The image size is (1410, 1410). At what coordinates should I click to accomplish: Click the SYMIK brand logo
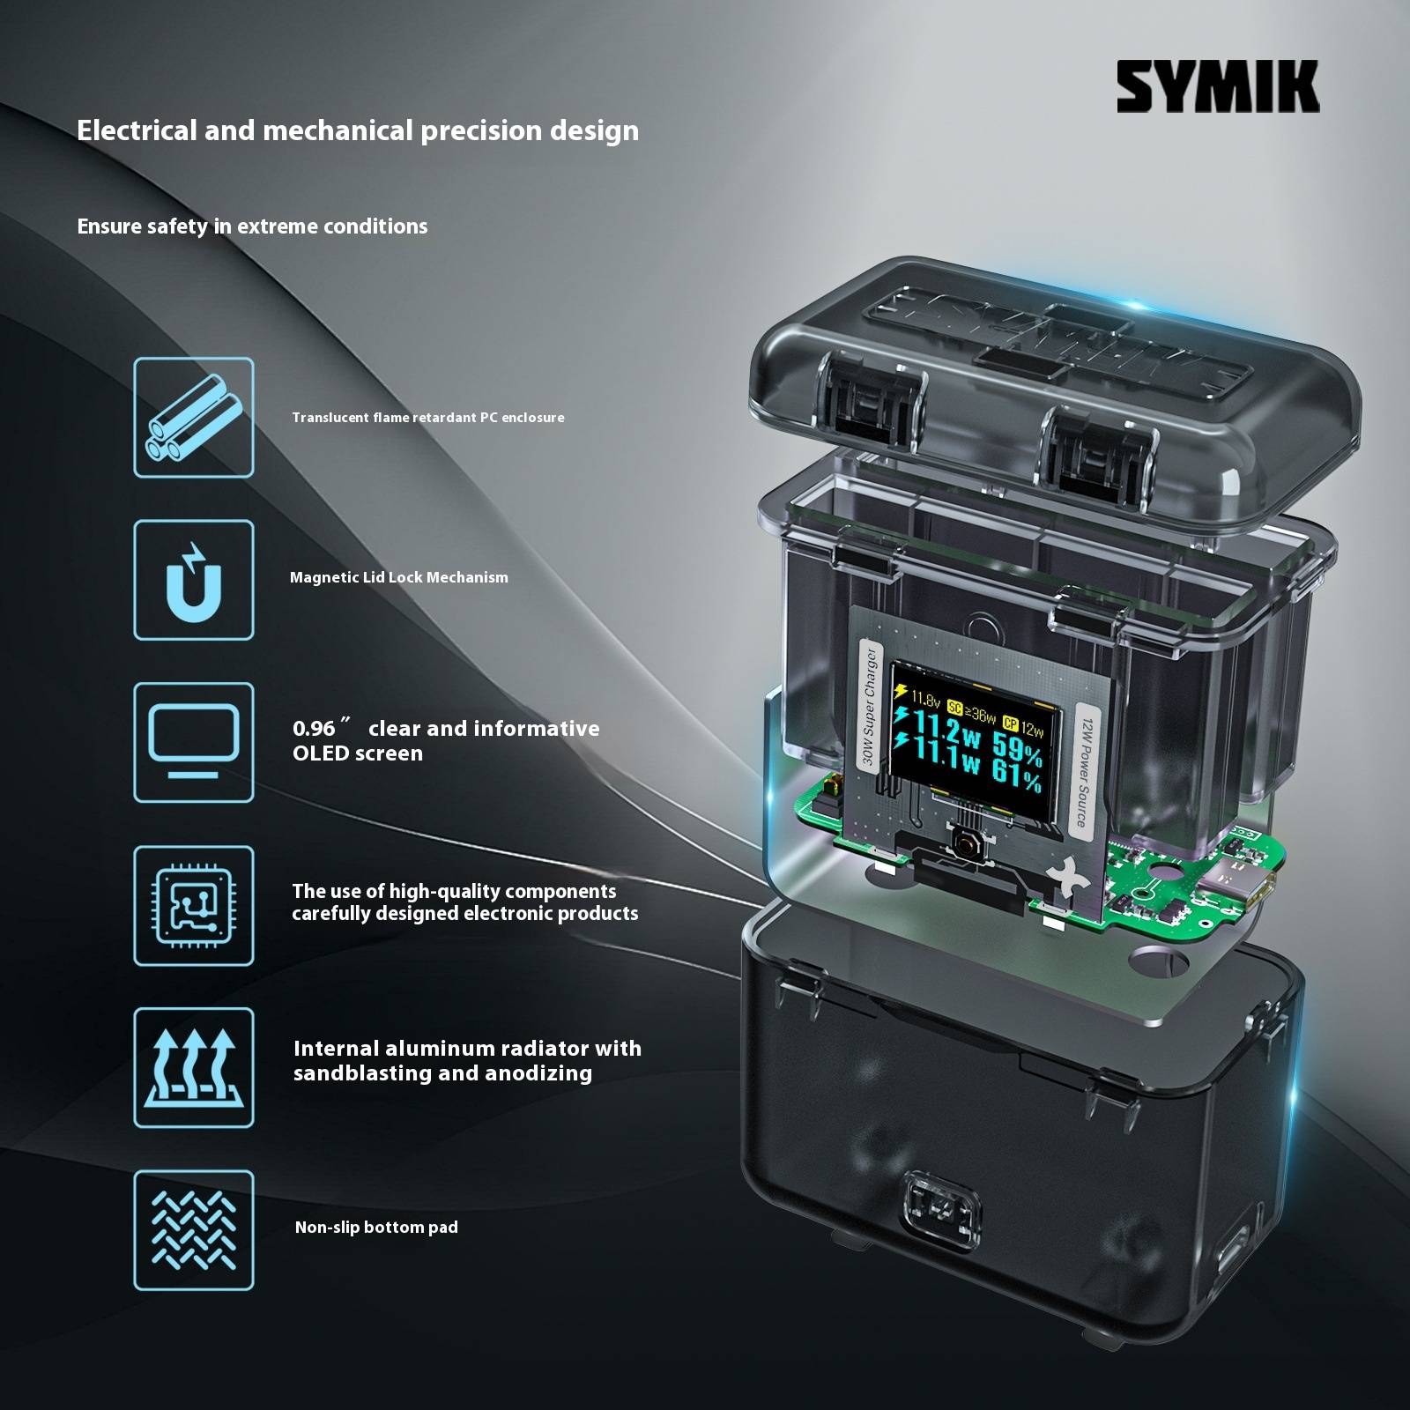(x=1218, y=86)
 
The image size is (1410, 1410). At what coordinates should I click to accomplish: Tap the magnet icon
(x=194, y=580)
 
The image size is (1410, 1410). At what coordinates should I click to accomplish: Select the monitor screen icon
(x=194, y=742)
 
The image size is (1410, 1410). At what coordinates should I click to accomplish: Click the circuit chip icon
(x=194, y=905)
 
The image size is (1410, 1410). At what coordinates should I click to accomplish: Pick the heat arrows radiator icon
(x=194, y=1067)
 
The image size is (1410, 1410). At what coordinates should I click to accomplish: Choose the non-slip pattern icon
(x=194, y=1230)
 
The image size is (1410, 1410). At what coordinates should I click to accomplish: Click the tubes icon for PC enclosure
(x=194, y=418)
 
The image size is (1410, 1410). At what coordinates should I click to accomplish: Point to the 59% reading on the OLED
(x=1017, y=750)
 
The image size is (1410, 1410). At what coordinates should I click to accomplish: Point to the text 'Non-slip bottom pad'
(x=376, y=1228)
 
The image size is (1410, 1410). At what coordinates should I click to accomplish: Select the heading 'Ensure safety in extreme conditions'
(x=252, y=226)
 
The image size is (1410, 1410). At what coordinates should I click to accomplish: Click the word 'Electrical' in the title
(x=137, y=130)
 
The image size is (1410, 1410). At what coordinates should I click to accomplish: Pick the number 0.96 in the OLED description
(x=315, y=729)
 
